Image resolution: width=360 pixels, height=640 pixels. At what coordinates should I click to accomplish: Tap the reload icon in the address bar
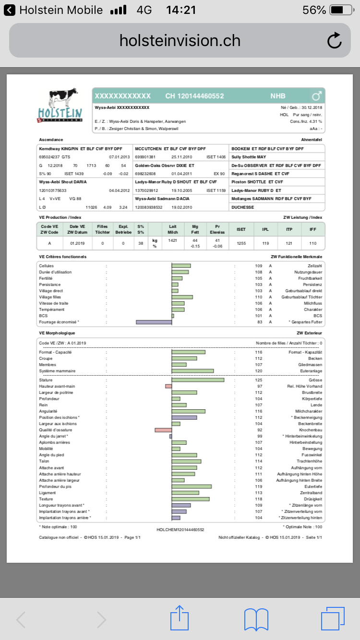(x=334, y=41)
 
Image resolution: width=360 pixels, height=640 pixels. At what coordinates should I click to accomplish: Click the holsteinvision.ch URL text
(x=180, y=41)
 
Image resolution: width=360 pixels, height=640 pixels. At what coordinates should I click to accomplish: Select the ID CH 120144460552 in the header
(x=194, y=96)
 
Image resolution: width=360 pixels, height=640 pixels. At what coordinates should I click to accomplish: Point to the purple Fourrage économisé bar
(x=154, y=322)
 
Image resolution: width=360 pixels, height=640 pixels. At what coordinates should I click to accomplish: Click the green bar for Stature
(x=198, y=380)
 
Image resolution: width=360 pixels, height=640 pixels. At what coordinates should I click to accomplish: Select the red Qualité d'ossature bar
(x=163, y=430)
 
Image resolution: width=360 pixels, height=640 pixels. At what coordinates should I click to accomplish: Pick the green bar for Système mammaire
(x=192, y=371)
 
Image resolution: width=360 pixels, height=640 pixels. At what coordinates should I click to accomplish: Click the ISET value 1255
(x=241, y=243)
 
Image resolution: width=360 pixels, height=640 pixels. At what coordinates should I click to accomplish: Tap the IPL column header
(x=265, y=229)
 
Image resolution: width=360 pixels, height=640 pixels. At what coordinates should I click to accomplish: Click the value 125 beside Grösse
(x=259, y=380)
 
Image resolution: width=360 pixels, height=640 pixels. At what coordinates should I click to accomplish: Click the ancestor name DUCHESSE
(x=242, y=207)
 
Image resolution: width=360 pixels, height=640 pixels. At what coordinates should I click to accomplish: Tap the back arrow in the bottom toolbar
(x=21, y=619)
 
